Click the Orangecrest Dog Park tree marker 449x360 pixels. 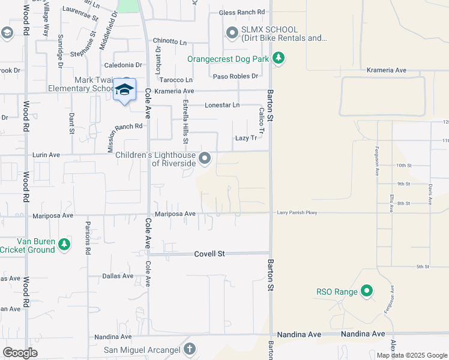coord(278,58)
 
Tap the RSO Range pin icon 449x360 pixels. coord(367,292)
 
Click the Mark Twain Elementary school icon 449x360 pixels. coord(124,89)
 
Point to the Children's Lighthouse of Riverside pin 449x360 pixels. coord(205,158)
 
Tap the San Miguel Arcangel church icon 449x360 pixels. coord(190,349)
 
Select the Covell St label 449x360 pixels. coord(209,254)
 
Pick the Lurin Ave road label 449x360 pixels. coord(46,155)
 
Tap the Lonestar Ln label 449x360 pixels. coord(222,105)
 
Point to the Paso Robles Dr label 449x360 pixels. coord(235,76)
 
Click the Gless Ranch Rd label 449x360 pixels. coord(242,12)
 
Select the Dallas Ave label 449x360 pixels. coord(118,276)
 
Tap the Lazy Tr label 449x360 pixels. coord(246,138)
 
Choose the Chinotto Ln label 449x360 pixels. coord(170,41)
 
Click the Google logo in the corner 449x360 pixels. coord(20,352)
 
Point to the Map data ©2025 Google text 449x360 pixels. coord(412,355)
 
